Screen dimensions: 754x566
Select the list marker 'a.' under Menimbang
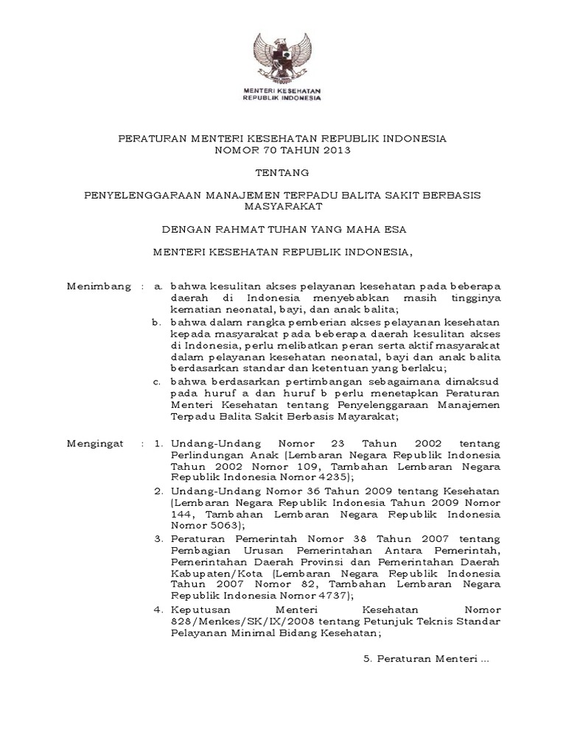(x=157, y=285)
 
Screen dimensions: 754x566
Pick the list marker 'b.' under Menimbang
(x=157, y=323)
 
